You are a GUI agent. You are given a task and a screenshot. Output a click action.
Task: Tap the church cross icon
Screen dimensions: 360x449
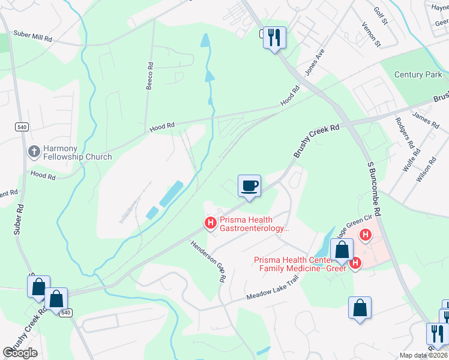click(x=34, y=152)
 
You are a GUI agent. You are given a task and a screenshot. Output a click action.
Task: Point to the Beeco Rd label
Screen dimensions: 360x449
click(x=149, y=76)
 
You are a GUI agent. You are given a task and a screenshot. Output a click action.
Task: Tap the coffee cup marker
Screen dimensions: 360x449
click(x=249, y=185)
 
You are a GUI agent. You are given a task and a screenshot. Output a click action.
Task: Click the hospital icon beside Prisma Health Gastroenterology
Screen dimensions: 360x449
click(x=210, y=224)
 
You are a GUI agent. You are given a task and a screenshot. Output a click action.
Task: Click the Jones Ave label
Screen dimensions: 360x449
click(x=315, y=62)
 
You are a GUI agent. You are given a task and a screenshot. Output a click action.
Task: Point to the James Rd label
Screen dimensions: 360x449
click(x=426, y=119)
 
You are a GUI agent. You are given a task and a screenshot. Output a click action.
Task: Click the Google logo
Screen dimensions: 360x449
click(x=20, y=353)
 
